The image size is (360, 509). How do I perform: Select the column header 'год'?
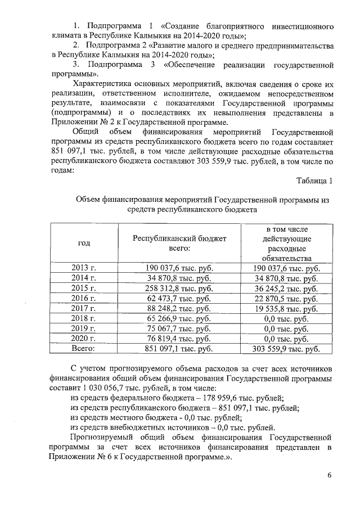pos(84,243)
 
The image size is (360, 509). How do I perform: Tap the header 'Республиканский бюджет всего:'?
pos(179,243)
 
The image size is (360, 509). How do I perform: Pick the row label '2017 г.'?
pos(84,309)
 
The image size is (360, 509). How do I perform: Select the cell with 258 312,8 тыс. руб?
pos(179,289)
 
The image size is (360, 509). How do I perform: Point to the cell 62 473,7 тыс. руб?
pos(179,299)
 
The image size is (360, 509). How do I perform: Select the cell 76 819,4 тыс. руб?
pos(179,339)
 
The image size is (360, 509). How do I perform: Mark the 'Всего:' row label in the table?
pos(84,349)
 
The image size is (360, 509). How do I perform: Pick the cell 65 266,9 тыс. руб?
pos(179,319)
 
